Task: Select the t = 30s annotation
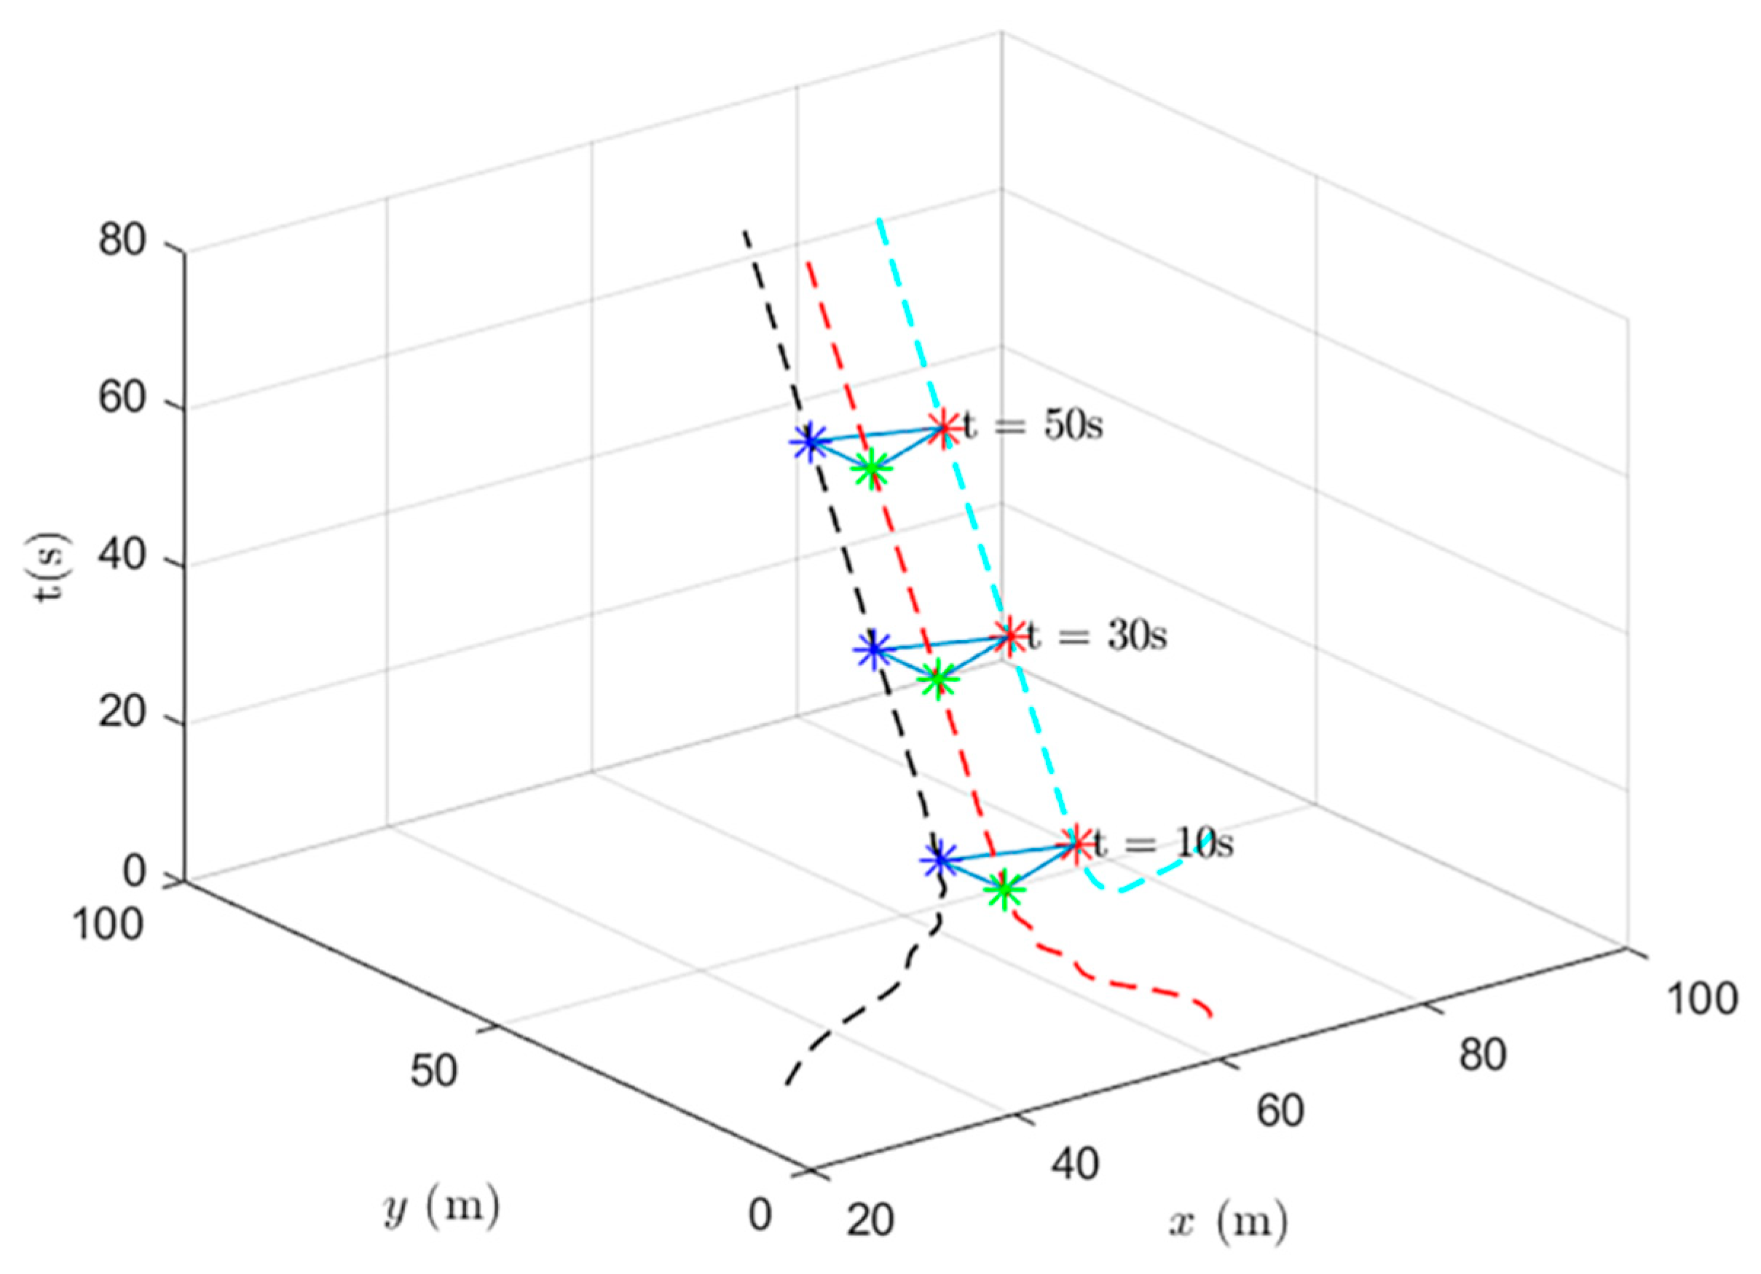[x=1097, y=636]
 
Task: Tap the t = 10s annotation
[x=1163, y=844]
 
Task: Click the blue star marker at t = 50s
[x=810, y=442]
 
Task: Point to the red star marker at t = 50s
[x=944, y=428]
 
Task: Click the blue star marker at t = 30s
[x=874, y=650]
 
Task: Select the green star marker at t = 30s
[x=938, y=680]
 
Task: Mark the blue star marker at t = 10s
[x=939, y=860]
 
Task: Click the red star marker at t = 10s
[x=1076, y=844]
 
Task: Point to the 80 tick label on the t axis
[x=122, y=241]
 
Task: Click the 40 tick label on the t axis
[x=122, y=557]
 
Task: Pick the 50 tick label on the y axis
[x=434, y=1071]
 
